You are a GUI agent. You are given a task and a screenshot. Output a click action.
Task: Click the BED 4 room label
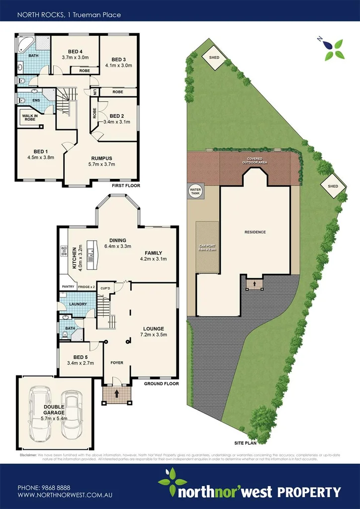[75, 51]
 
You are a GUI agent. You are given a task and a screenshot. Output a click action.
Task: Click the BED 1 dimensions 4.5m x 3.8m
[40, 158]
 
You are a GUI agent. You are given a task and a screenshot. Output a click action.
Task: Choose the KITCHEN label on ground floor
[74, 258]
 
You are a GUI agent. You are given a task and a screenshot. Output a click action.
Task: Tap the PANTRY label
[67, 287]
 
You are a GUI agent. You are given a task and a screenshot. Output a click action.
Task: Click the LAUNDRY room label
[78, 304]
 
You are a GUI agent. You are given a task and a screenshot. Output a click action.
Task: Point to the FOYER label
[117, 363]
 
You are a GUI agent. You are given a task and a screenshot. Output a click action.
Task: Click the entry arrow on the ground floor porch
[117, 394]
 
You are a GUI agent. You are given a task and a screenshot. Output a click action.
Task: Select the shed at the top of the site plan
[214, 57]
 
